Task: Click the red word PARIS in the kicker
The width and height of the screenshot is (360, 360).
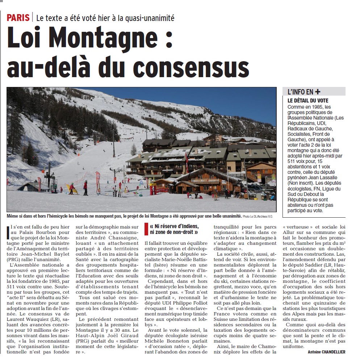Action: pyautogui.click(x=18, y=17)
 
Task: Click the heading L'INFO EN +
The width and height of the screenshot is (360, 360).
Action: pyautogui.click(x=304, y=92)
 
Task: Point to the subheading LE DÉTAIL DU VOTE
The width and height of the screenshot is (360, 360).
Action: pyautogui.click(x=308, y=100)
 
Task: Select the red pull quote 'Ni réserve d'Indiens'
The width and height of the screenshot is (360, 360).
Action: pyautogui.click(x=175, y=229)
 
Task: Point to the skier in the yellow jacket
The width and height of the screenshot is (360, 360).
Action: pyautogui.click(x=72, y=188)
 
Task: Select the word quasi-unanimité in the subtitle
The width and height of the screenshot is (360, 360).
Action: pyautogui.click(x=148, y=17)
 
